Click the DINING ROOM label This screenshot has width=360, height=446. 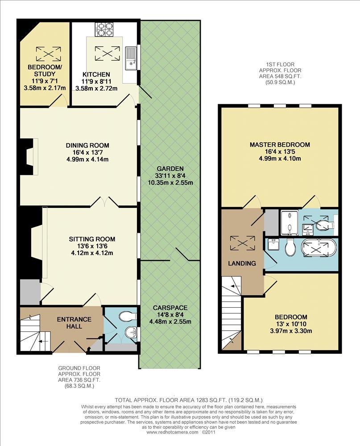(87, 145)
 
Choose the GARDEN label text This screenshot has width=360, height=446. (170, 169)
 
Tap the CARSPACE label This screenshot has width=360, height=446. (170, 308)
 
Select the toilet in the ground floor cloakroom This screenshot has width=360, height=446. (128, 316)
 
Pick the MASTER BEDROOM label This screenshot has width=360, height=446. (280, 145)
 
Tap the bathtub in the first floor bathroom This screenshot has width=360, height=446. (318, 248)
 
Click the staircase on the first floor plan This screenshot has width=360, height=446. (232, 312)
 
